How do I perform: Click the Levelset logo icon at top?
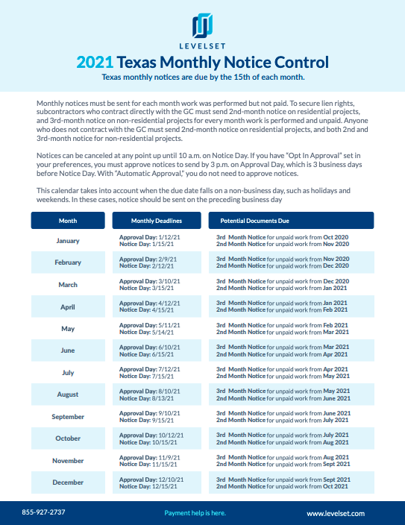[x=203, y=25]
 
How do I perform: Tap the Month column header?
[x=67, y=221]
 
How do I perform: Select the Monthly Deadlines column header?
[x=156, y=221]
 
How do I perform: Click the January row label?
[x=68, y=240]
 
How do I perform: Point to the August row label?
[x=68, y=394]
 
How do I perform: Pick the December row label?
[x=68, y=482]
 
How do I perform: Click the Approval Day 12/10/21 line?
[x=151, y=480]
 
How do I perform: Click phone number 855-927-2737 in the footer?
[x=44, y=512]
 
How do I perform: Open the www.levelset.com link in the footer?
[x=335, y=513]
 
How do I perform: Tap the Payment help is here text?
[x=195, y=513]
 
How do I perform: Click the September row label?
[x=68, y=417]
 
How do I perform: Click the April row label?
[x=68, y=306]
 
